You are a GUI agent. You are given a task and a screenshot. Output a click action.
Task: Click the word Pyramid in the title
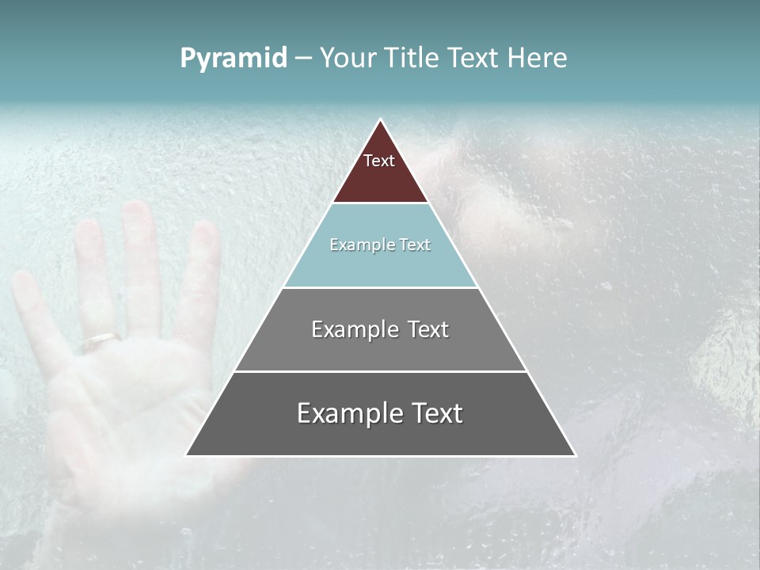[x=234, y=59]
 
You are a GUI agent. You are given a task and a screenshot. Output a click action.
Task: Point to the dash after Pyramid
[x=303, y=59]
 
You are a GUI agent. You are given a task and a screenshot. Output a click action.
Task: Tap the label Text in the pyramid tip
[x=379, y=161]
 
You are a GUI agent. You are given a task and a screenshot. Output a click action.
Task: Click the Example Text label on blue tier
[x=380, y=245]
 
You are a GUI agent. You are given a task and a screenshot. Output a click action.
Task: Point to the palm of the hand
[x=127, y=396]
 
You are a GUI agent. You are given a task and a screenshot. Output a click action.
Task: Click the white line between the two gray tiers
[x=380, y=370]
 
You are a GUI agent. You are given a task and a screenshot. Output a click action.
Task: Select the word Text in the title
[x=473, y=58]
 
